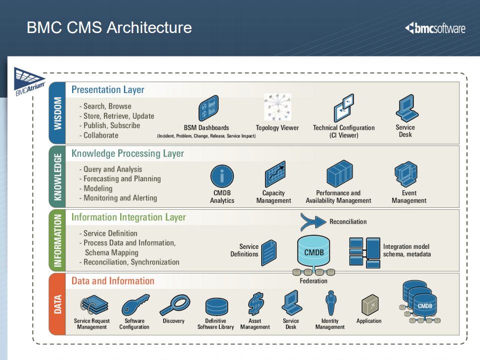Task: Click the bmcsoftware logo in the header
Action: (x=435, y=28)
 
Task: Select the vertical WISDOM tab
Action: (x=58, y=113)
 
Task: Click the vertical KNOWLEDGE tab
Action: (x=58, y=176)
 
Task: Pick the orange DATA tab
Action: (x=58, y=304)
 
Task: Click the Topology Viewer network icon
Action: (x=277, y=107)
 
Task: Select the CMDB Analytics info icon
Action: (x=222, y=177)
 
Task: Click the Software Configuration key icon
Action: (x=134, y=304)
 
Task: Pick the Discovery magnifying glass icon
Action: (x=174, y=304)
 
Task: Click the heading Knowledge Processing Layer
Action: (x=128, y=154)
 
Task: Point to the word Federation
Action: (x=313, y=281)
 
